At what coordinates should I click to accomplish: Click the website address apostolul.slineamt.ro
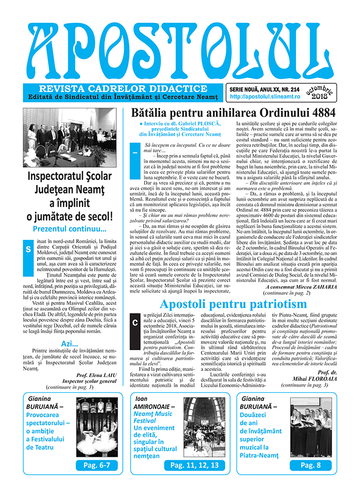(258, 96)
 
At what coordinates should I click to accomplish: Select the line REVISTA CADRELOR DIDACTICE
(119, 88)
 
